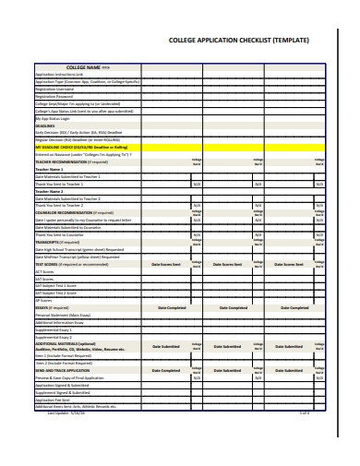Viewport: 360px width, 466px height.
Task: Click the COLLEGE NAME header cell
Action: click(89, 67)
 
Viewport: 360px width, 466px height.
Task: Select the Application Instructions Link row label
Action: click(60, 74)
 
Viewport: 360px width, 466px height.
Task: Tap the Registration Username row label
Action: click(56, 88)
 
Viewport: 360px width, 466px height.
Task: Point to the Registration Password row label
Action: click(56, 95)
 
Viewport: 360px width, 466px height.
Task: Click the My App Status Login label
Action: click(53, 118)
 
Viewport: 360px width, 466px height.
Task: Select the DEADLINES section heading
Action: click(46, 125)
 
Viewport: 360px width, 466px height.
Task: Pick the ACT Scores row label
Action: click(45, 272)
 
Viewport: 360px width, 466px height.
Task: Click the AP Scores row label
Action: click(43, 299)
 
